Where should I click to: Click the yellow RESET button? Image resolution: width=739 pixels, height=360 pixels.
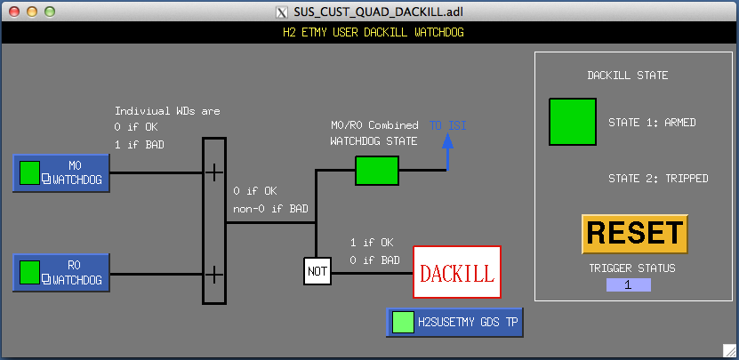635,234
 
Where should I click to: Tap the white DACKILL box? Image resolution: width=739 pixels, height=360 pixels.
457,272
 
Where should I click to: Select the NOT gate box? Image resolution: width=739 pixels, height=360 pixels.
317,271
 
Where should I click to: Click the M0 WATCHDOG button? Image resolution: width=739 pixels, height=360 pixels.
61,173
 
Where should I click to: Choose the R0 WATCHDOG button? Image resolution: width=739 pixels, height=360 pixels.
61,273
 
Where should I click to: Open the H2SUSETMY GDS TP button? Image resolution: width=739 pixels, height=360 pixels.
454,323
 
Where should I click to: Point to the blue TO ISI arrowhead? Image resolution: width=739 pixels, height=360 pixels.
447,141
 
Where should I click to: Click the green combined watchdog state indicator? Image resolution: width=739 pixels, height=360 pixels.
377,171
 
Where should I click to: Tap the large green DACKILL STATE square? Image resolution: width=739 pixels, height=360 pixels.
573,122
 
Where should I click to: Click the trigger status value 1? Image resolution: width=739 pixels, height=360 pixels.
628,284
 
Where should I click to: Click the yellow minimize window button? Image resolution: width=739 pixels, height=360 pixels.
32,12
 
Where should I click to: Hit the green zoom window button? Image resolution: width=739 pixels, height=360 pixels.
50,12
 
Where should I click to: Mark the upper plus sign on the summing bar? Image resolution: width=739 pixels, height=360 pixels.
214,172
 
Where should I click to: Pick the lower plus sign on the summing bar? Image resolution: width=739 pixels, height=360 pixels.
214,274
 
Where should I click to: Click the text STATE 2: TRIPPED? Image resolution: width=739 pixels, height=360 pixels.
658,178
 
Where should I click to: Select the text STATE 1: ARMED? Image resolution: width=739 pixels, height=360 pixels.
652,123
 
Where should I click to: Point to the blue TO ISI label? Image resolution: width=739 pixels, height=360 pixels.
447,125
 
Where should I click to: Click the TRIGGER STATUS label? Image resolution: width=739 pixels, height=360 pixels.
632,268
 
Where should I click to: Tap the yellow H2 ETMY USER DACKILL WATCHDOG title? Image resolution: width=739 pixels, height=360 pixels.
374,33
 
